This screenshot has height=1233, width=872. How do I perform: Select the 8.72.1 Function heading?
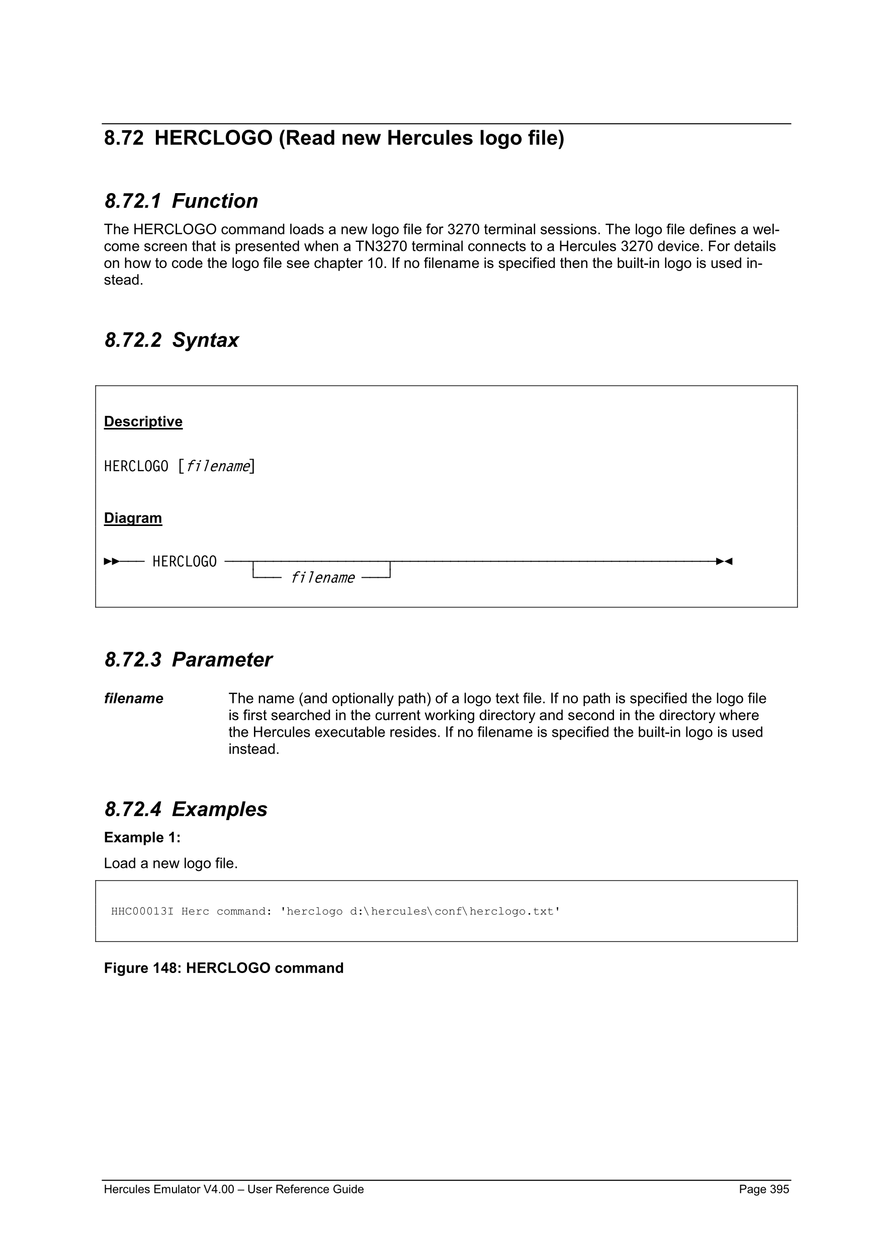tap(181, 201)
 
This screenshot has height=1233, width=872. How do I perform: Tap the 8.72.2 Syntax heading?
tap(171, 340)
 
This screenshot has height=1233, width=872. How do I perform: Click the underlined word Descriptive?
tap(143, 421)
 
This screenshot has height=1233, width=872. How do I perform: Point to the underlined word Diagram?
tap(133, 518)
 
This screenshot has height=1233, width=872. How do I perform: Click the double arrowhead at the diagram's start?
tap(112, 562)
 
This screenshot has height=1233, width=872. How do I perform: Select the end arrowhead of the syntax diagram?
tap(724, 562)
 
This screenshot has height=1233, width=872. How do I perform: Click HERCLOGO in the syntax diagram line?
tap(184, 562)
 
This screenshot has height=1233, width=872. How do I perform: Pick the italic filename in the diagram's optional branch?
tap(322, 578)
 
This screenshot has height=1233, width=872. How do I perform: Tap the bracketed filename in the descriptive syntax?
tap(217, 466)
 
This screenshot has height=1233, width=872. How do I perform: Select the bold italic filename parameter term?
tap(133, 698)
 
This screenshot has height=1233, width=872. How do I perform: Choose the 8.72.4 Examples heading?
tap(186, 809)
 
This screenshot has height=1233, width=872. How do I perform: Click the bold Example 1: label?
tap(142, 838)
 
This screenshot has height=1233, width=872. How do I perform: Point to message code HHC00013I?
tap(142, 911)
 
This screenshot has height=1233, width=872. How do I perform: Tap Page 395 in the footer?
tap(763, 1189)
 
